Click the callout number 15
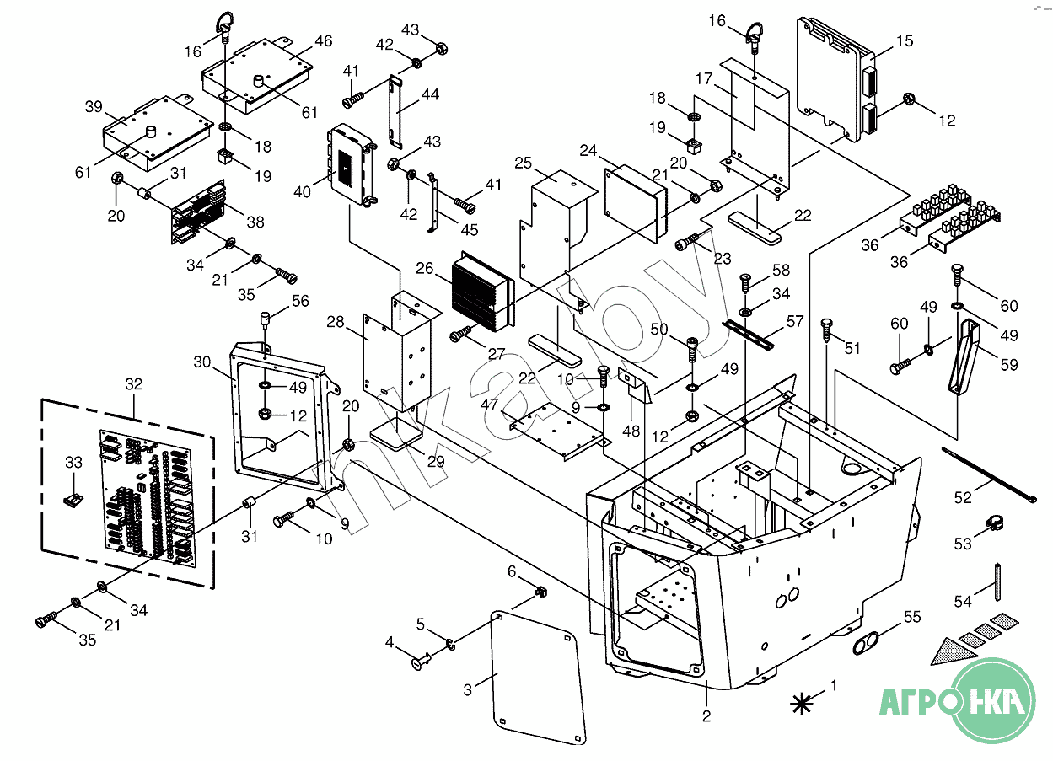[905, 41]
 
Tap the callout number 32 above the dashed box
[133, 384]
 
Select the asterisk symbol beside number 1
[802, 704]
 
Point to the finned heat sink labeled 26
[483, 292]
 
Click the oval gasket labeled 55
[867, 644]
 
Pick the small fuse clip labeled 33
[73, 499]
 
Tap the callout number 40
[302, 192]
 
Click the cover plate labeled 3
[538, 678]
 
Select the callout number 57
[794, 322]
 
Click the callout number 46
[324, 41]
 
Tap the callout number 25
[523, 163]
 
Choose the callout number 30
[201, 362]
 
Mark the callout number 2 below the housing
[706, 716]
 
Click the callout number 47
[489, 405]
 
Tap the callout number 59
[1009, 365]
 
